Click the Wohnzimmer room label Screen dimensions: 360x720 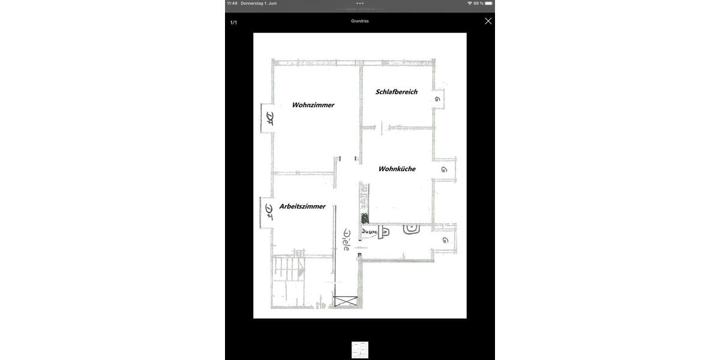(x=313, y=105)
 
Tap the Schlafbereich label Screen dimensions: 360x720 (x=396, y=92)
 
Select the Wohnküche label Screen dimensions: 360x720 (x=397, y=169)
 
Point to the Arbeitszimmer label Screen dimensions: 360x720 (x=302, y=206)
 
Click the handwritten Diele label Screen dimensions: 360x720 (x=346, y=239)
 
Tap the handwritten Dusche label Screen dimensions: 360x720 (x=368, y=232)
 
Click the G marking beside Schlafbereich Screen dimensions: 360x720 (x=437, y=99)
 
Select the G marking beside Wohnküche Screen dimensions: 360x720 (x=443, y=170)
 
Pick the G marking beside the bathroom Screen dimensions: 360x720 (x=445, y=240)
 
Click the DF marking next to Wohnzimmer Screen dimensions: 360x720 (x=269, y=118)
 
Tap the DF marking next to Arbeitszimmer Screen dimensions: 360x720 (x=269, y=212)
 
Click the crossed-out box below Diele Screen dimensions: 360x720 (x=346, y=301)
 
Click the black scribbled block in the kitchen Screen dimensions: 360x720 (x=364, y=218)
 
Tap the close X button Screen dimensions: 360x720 (x=488, y=21)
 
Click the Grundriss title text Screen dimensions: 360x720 (x=360, y=21)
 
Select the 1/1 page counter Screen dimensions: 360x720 (x=233, y=23)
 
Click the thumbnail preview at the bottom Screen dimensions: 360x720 (x=360, y=350)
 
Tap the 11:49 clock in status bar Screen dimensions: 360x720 (x=232, y=4)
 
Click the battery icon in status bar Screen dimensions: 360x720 (x=488, y=4)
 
